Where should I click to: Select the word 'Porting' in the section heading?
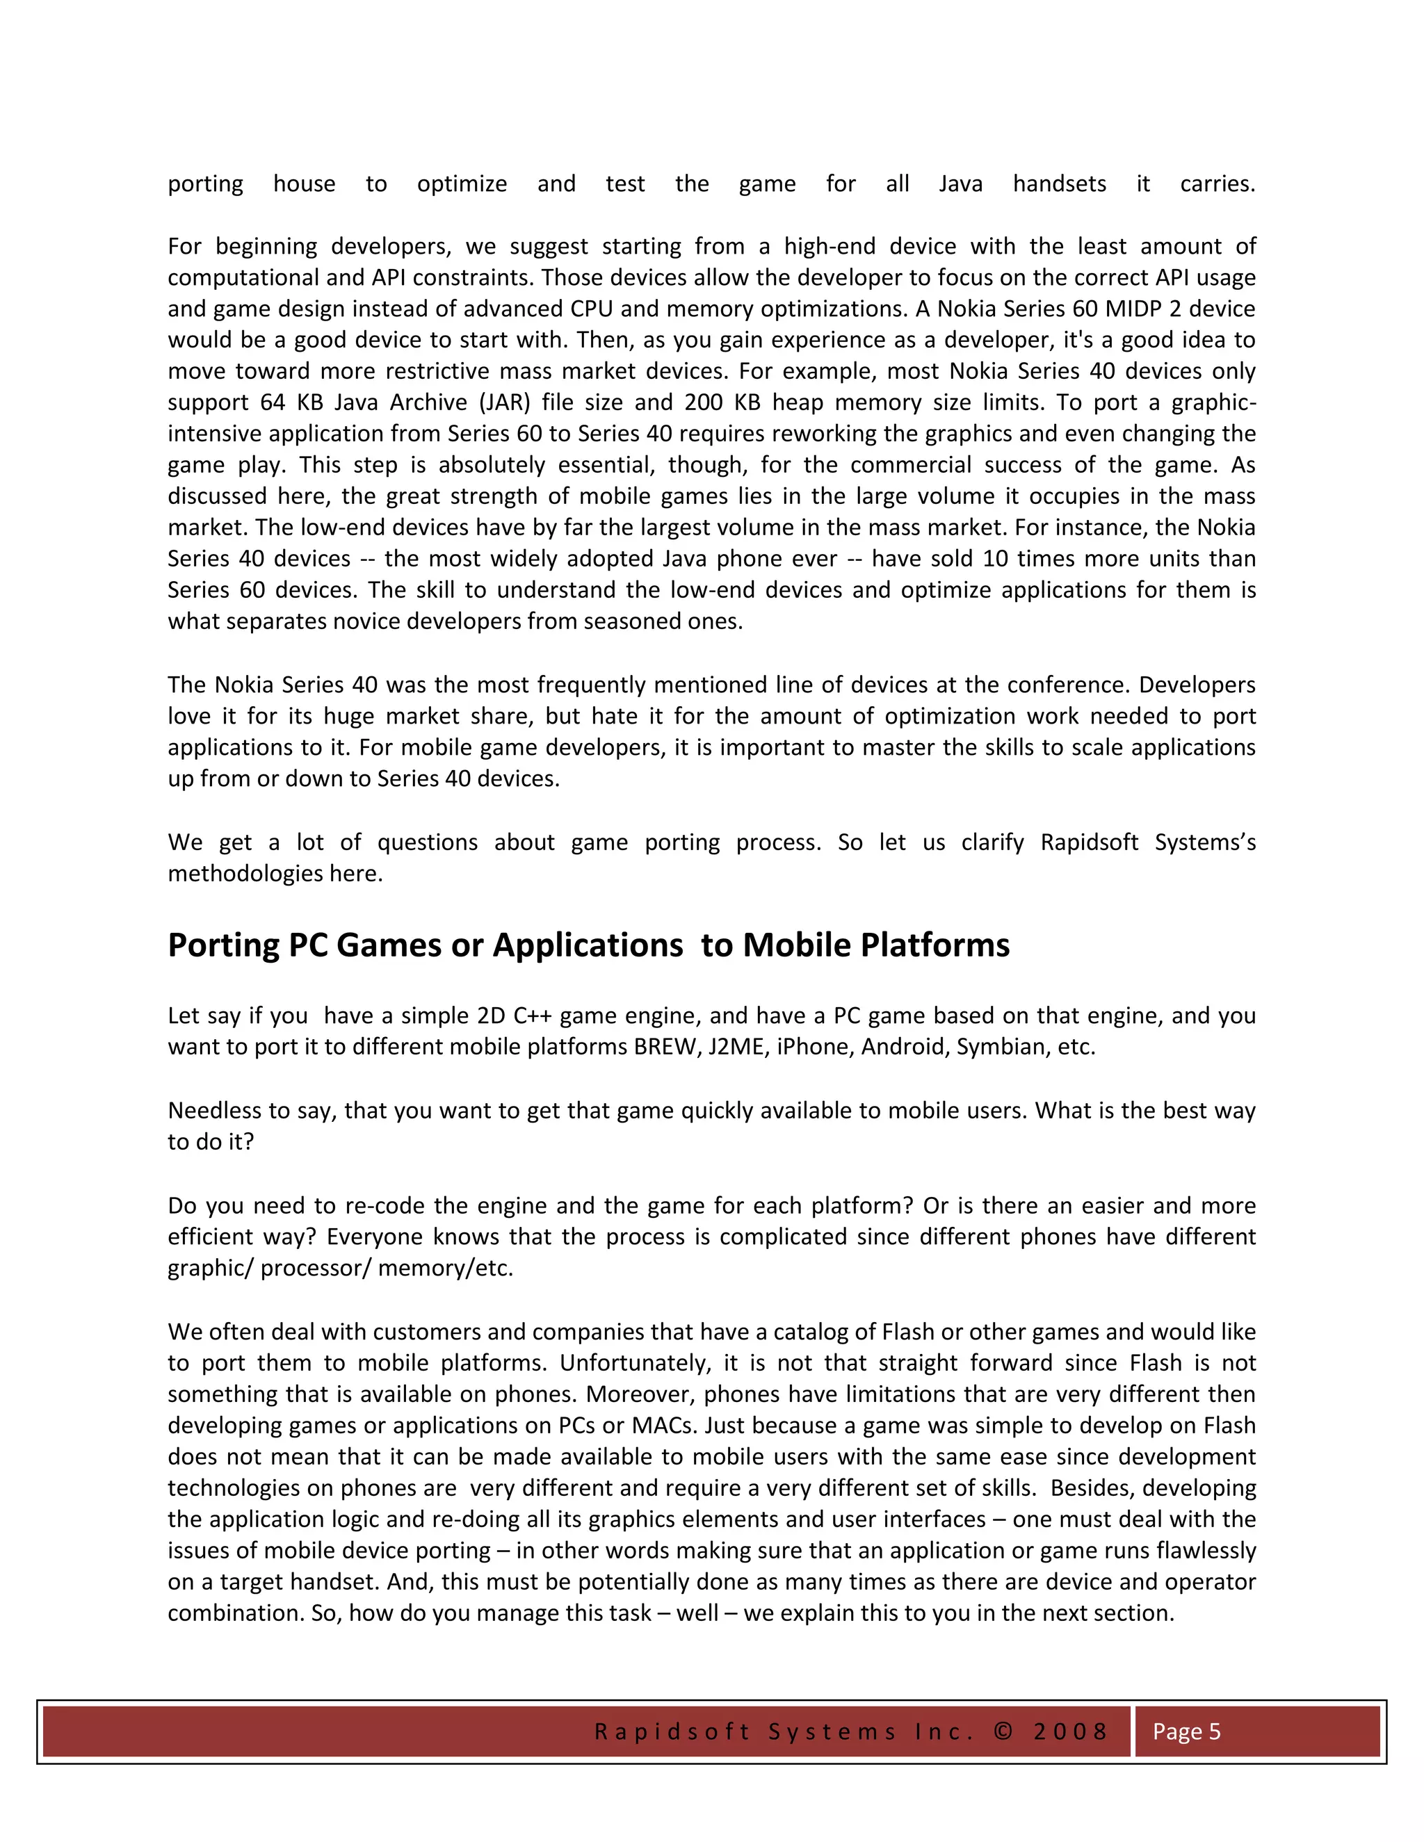222,946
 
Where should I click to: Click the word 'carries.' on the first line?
1217,184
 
